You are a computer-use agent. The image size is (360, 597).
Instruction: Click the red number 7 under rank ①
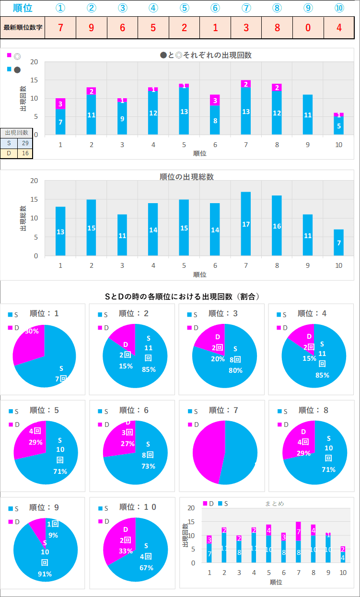[x=60, y=27]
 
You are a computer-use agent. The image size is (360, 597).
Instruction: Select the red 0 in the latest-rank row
[x=308, y=27]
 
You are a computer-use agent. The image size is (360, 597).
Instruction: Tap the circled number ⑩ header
[x=339, y=8]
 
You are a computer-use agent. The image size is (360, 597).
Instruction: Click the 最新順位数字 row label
[x=23, y=27]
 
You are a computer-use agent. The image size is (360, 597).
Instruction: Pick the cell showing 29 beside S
[x=24, y=143]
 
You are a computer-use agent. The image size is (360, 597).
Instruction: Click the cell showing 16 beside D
[x=24, y=153]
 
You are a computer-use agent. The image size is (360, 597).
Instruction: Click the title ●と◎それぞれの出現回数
[x=206, y=55]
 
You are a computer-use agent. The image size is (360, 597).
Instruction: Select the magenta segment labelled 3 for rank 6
[x=215, y=100]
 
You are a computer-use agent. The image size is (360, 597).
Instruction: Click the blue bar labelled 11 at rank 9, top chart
[x=307, y=115]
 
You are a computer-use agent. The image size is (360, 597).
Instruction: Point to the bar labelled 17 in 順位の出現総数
[x=246, y=224]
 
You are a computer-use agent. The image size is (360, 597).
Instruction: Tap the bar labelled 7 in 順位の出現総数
[x=338, y=242]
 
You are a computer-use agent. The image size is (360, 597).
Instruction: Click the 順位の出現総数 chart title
[x=186, y=176]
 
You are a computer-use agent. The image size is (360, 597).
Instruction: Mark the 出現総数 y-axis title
[x=23, y=218]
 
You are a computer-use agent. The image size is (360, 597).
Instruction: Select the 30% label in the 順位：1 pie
[x=32, y=331]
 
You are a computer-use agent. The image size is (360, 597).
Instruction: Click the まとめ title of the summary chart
[x=275, y=504]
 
